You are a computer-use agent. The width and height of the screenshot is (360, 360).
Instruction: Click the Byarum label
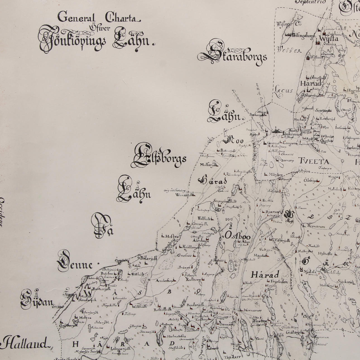pos(272,212)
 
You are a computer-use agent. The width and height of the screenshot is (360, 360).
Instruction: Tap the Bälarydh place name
pos(149,258)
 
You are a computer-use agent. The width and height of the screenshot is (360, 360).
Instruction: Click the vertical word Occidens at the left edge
pos(2,212)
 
